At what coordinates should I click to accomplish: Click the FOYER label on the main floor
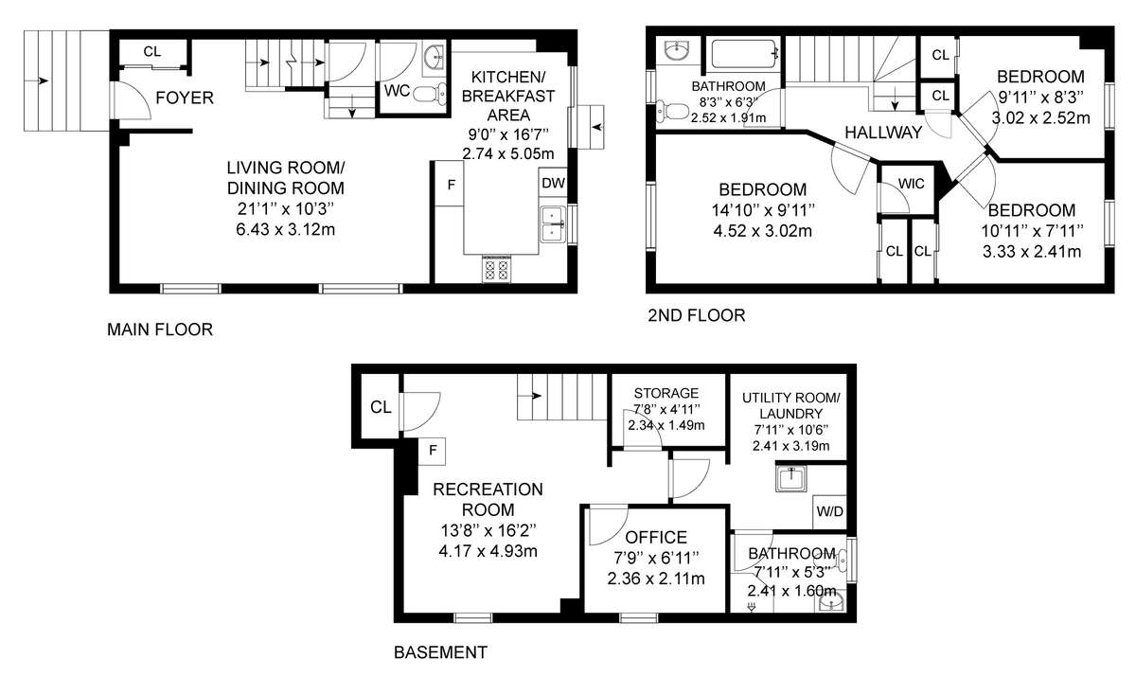(x=185, y=98)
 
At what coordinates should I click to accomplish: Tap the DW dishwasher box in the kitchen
(x=553, y=183)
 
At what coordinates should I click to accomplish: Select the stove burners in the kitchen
(x=496, y=269)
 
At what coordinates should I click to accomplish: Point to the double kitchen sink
(x=553, y=224)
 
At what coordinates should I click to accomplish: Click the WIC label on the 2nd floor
(x=911, y=184)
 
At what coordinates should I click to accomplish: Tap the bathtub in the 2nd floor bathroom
(x=744, y=54)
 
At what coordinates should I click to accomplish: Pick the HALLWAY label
(x=883, y=133)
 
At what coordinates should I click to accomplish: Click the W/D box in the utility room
(x=829, y=511)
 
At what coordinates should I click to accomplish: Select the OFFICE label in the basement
(x=656, y=538)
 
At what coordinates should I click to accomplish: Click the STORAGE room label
(x=666, y=393)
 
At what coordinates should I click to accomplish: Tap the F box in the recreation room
(x=432, y=451)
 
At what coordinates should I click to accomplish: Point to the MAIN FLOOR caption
(x=160, y=330)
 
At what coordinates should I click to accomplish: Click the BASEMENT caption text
(x=441, y=652)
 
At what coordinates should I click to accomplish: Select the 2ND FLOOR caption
(x=697, y=315)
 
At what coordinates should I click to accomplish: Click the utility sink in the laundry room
(x=790, y=479)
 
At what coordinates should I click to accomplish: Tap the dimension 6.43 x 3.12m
(x=286, y=229)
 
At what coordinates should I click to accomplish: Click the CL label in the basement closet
(x=381, y=407)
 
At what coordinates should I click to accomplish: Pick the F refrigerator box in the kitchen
(x=450, y=184)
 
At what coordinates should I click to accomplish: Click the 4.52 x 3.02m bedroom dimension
(x=763, y=231)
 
